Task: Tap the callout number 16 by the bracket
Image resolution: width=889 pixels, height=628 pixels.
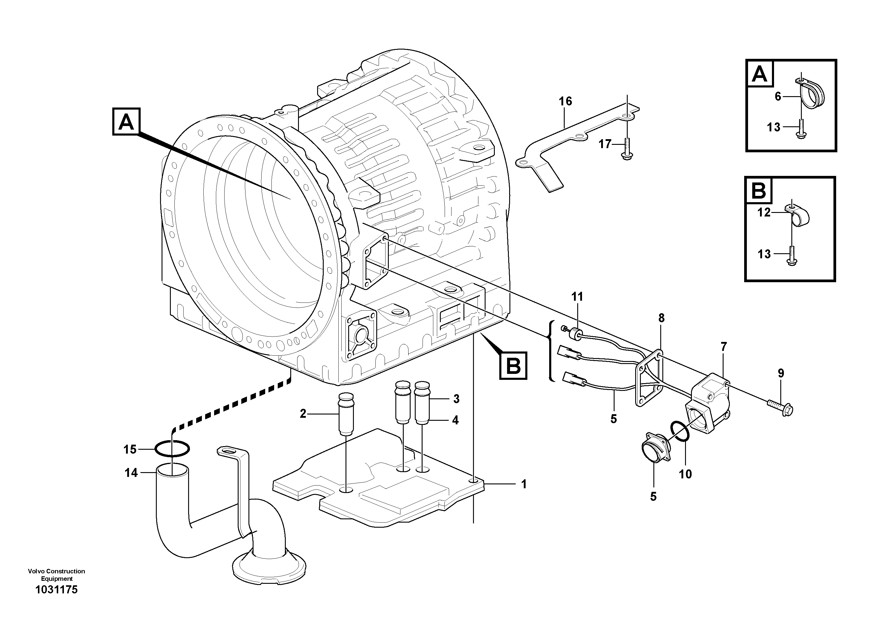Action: tap(565, 102)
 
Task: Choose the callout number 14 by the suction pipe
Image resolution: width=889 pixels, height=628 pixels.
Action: tap(131, 473)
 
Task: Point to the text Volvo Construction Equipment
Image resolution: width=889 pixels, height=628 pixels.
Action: tap(56, 575)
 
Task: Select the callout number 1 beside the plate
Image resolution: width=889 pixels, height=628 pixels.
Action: tap(524, 484)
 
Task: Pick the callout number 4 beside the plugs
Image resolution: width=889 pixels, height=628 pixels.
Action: tap(455, 420)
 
